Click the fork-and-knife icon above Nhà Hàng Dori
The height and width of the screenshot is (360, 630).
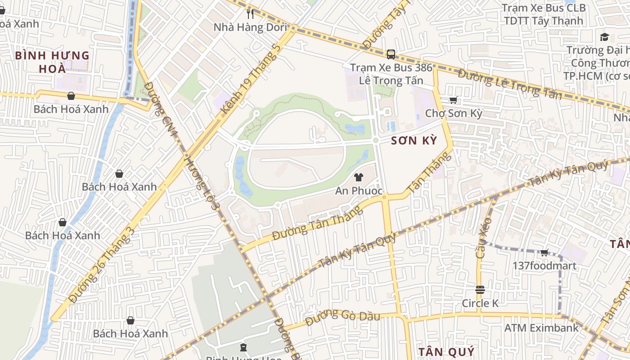point(251,14)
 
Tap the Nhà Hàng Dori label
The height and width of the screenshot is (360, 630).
point(250,27)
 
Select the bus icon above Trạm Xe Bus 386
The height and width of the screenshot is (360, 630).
point(391,54)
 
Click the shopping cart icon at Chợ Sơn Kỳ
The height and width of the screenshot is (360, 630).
point(453,100)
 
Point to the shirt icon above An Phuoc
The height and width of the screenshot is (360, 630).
point(359,177)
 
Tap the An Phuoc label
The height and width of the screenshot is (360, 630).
point(359,191)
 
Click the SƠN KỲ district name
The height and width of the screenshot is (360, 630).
point(414,140)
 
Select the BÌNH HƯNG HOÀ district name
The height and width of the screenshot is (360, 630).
point(52,62)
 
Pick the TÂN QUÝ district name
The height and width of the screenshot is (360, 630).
point(446,351)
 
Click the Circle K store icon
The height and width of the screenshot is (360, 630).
point(480,289)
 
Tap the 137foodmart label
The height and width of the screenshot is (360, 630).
point(544,265)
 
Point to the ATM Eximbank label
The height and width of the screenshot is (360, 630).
point(541,328)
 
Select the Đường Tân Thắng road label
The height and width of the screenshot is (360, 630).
point(317,223)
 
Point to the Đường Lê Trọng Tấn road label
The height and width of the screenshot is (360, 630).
point(510,84)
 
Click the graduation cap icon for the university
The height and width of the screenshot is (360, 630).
point(604,37)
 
